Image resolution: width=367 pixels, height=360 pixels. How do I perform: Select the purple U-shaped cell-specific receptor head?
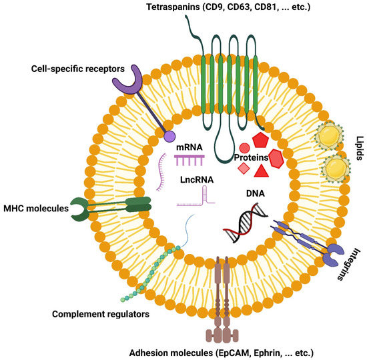click(125, 80)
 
